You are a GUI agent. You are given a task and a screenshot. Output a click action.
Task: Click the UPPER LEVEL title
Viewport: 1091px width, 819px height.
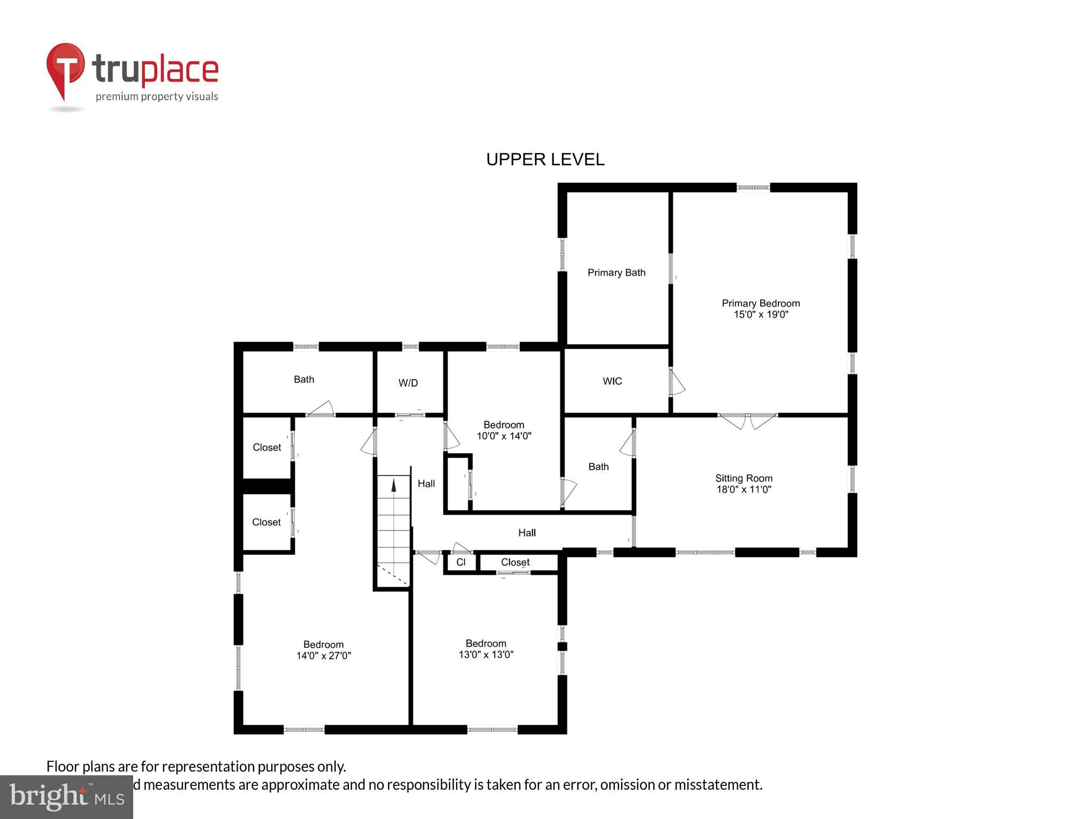[x=545, y=159]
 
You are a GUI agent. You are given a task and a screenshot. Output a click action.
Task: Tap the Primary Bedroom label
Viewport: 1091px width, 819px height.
[x=760, y=303]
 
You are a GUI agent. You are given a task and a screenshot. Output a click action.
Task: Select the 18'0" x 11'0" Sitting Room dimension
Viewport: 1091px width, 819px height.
[x=744, y=489]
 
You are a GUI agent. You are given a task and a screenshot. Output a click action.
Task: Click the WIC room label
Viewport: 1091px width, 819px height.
[x=612, y=381]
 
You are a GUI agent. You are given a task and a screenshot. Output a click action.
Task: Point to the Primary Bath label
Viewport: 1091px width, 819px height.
[x=616, y=272]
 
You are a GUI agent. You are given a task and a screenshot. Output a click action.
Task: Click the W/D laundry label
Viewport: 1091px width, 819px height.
[x=408, y=383]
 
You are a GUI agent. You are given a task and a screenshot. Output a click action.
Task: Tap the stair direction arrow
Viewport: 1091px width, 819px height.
[x=394, y=485]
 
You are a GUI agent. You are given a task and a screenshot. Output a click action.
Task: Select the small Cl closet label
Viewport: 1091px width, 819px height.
[x=461, y=563]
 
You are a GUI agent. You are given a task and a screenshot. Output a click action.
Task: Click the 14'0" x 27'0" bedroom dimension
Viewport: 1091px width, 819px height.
[x=323, y=656]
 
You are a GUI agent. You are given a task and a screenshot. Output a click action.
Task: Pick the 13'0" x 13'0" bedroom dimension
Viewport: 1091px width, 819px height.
[x=486, y=655]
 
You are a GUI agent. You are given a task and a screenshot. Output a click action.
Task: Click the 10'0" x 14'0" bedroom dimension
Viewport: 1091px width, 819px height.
[x=504, y=436]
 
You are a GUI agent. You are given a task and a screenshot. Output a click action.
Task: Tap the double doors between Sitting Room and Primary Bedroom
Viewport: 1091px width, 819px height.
[x=747, y=421]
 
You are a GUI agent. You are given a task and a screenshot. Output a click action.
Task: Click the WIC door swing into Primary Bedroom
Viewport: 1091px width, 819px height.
[x=677, y=382]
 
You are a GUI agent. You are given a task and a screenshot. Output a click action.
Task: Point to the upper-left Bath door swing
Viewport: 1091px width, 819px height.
[x=321, y=409]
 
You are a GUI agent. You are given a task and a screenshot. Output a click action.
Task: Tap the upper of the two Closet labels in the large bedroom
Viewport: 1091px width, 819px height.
[x=266, y=447]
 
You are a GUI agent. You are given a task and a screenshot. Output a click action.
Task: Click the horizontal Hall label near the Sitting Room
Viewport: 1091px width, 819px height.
[x=527, y=533]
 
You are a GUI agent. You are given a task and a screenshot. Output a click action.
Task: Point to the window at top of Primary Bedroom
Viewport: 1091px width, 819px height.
[x=753, y=187]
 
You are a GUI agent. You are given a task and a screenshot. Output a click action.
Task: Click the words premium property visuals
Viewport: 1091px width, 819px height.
[x=157, y=97]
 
